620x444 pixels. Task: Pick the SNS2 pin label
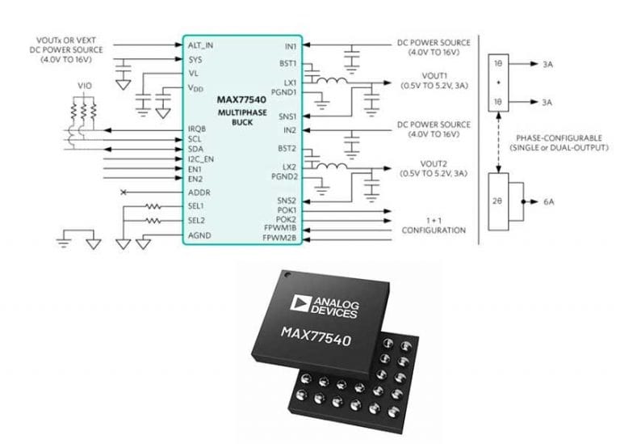[287, 199]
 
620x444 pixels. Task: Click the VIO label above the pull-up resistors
[84, 83]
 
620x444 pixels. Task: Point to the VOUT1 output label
[409, 81]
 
